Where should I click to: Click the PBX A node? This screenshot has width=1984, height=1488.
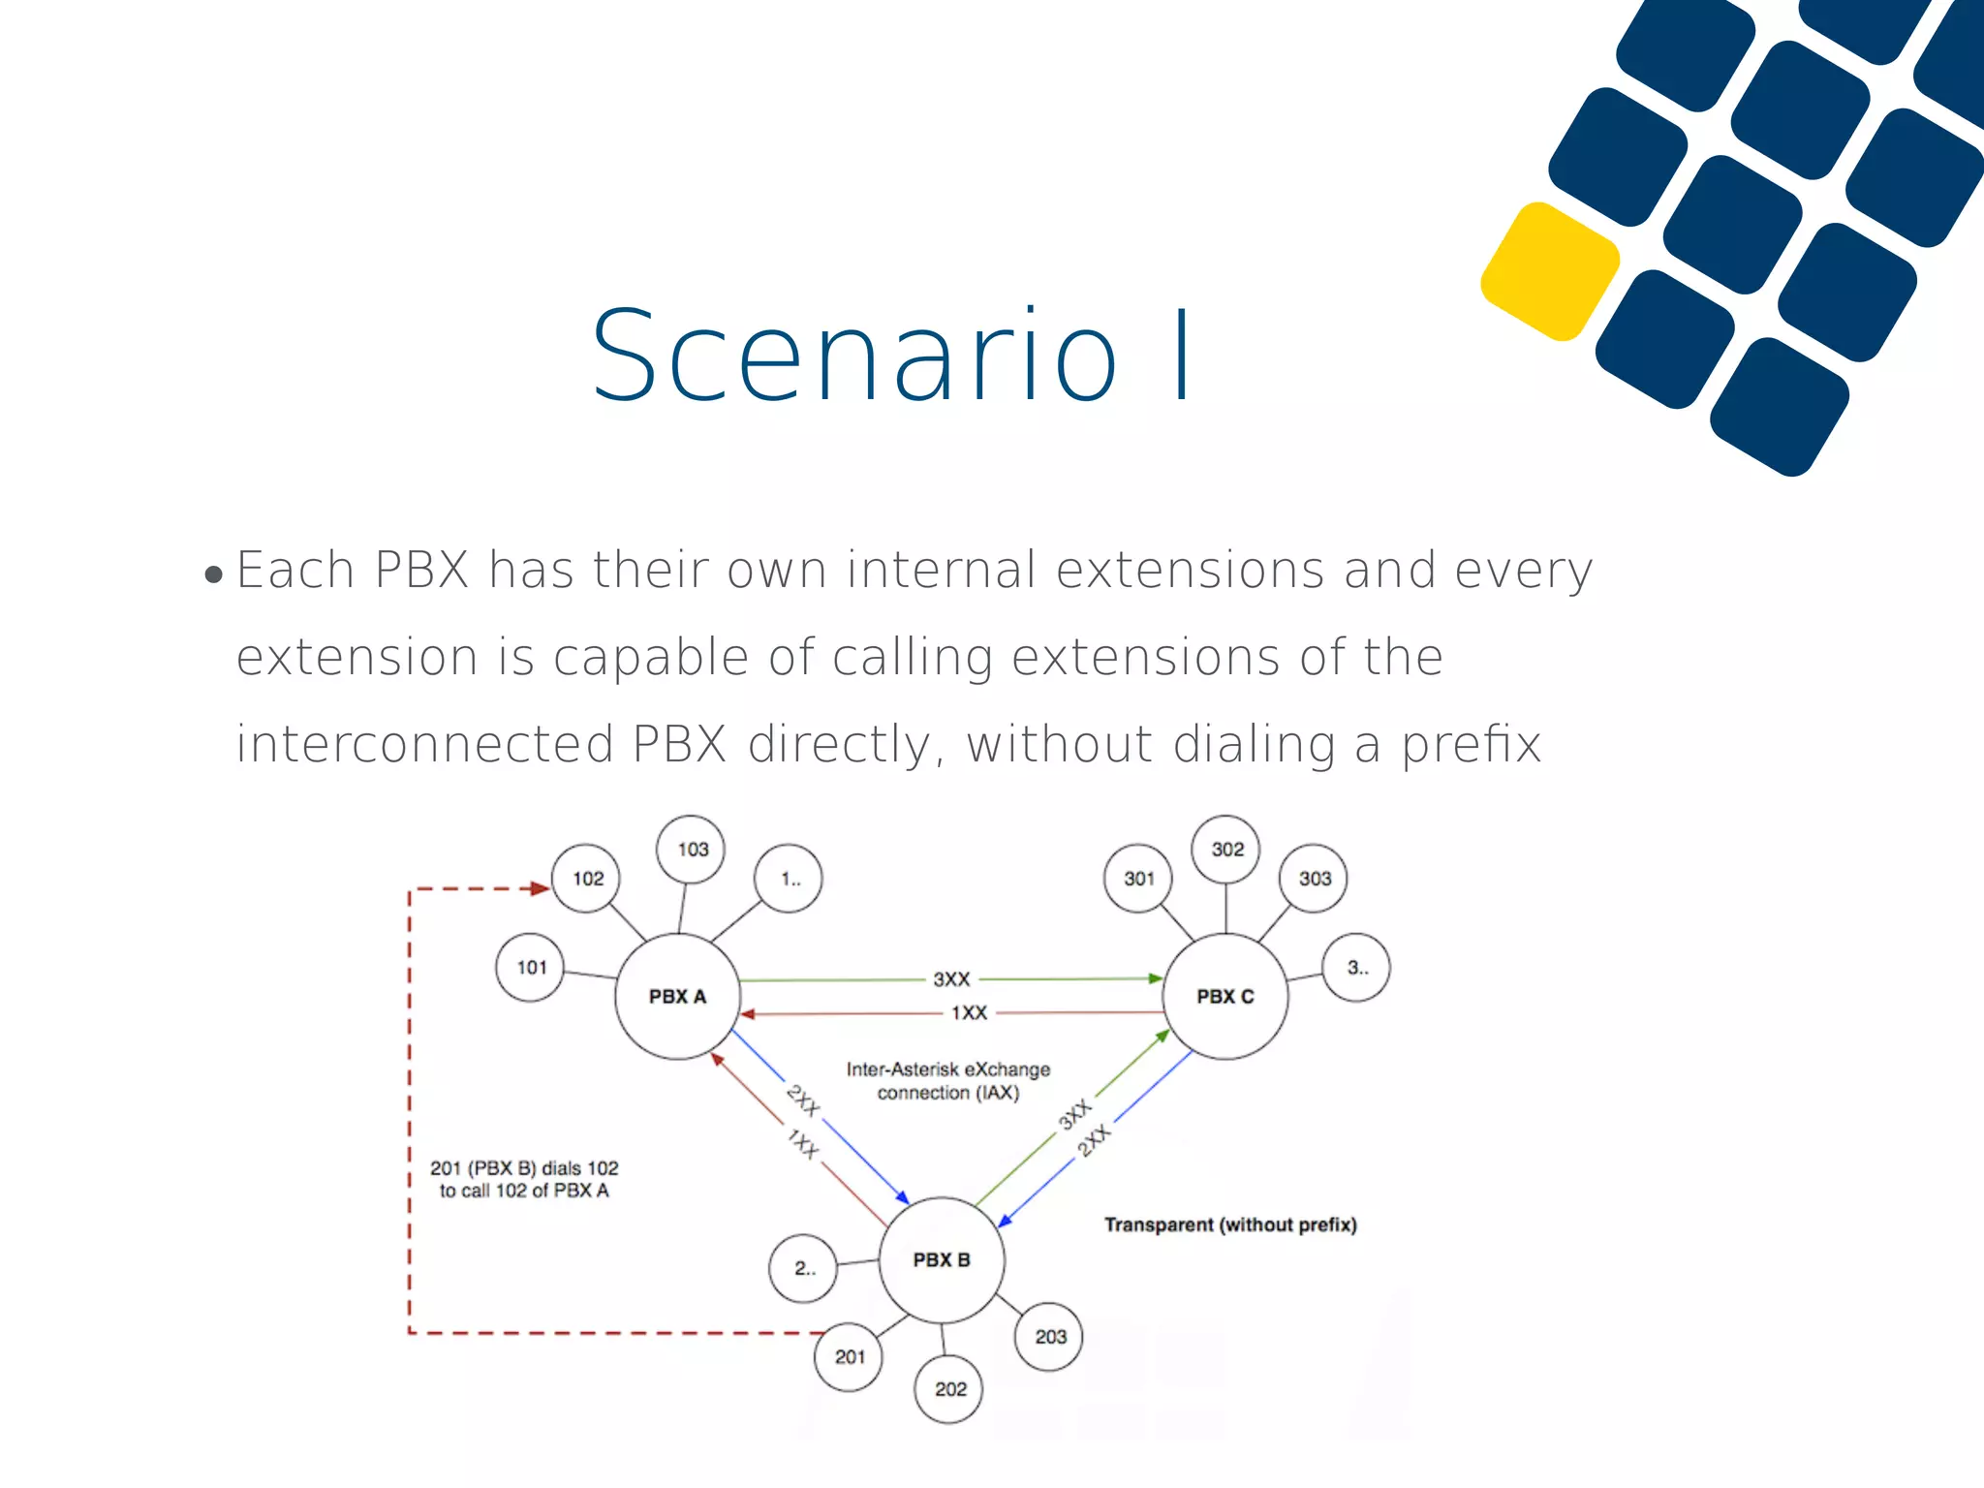click(x=677, y=996)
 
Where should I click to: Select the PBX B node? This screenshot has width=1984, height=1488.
click(x=942, y=1259)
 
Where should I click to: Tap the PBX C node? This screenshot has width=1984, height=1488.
click(x=1225, y=996)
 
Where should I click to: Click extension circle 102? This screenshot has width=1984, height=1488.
click(x=587, y=879)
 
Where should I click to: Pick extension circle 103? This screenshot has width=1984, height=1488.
click(x=692, y=850)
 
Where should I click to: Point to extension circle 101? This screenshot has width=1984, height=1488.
click(x=531, y=967)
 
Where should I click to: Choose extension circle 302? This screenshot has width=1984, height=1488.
click(x=1226, y=850)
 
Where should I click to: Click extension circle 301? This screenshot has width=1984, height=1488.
click(x=1138, y=879)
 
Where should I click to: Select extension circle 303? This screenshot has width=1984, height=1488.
click(x=1315, y=879)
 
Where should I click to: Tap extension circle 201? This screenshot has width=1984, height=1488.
click(x=850, y=1357)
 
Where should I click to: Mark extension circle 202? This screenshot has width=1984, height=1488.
click(x=950, y=1389)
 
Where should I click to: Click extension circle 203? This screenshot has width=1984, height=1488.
click(x=1049, y=1337)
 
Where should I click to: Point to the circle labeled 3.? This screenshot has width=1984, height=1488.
click(x=1357, y=967)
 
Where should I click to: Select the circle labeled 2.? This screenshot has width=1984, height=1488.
click(x=803, y=1268)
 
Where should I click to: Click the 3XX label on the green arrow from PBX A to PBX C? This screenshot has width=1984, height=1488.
click(x=951, y=979)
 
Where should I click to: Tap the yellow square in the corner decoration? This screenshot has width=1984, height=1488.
click(x=1551, y=271)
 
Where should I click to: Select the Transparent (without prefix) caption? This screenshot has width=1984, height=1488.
click(x=1230, y=1224)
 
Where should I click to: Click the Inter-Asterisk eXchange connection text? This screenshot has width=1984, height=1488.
click(x=948, y=1081)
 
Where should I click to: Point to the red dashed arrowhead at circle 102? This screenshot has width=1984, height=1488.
click(x=540, y=888)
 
